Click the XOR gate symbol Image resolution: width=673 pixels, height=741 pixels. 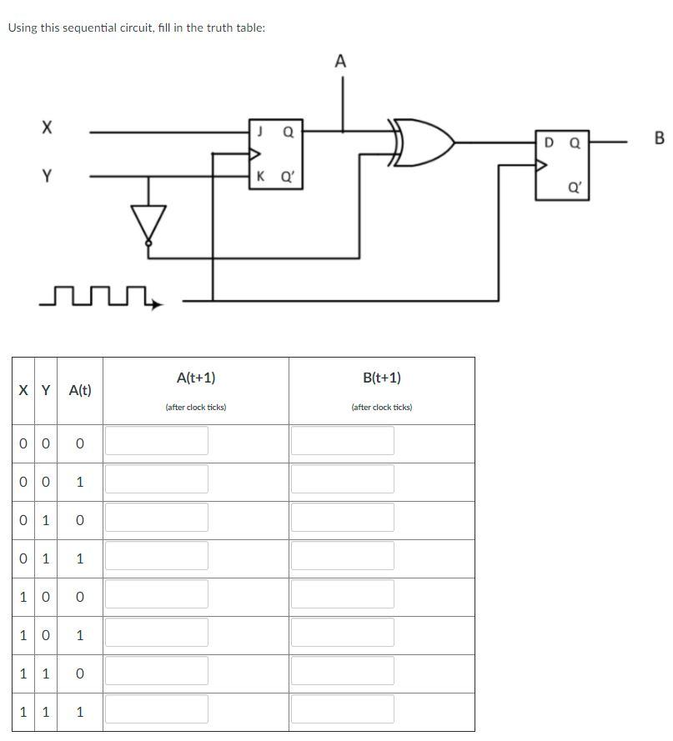click(425, 143)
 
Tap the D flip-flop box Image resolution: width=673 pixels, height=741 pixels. click(562, 165)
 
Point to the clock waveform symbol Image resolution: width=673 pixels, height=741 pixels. click(100, 296)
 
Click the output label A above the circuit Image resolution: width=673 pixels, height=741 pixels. click(340, 61)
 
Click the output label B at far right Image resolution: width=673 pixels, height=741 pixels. click(659, 138)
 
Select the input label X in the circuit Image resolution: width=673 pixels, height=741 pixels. click(47, 128)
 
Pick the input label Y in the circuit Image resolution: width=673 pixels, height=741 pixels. click(47, 176)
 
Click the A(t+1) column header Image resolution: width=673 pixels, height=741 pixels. click(196, 378)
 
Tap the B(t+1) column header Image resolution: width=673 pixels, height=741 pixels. click(382, 378)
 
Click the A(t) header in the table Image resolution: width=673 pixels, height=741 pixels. click(80, 390)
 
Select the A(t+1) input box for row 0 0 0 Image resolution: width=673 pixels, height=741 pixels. click(157, 441)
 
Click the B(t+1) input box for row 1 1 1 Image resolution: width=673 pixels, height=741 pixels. click(342, 709)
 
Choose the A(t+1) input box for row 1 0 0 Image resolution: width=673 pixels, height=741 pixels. click(157, 594)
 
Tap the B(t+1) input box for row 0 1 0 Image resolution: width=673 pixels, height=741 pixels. click(342, 518)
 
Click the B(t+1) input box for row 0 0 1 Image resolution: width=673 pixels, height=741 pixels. click(342, 479)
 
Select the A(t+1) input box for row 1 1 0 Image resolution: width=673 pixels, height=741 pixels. click(157, 671)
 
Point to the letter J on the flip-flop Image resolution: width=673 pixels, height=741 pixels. click(261, 131)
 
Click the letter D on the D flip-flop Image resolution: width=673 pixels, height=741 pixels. click(548, 143)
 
